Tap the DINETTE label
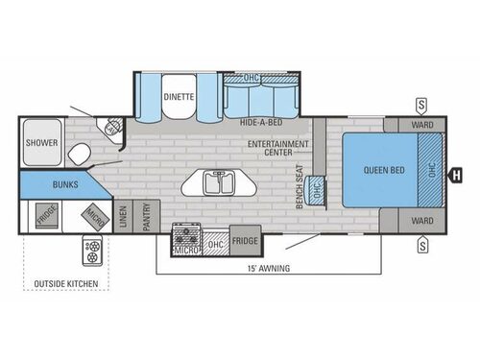(180, 96)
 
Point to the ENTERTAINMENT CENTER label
(277, 148)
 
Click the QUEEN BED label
(383, 171)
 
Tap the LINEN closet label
(124, 218)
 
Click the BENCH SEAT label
(300, 185)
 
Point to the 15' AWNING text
(268, 269)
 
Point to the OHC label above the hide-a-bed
(252, 78)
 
